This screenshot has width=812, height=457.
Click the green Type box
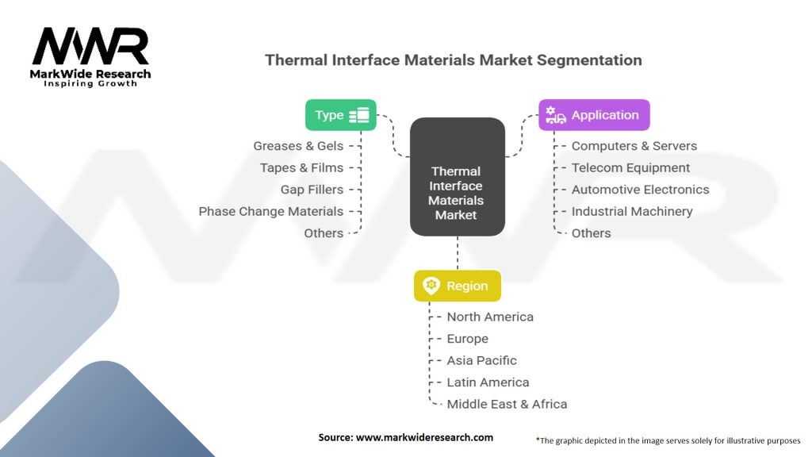coord(341,115)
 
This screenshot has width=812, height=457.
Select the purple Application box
coord(594,115)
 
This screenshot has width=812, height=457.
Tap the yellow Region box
coord(457,286)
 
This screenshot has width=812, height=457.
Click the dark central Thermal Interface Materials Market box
coord(457,177)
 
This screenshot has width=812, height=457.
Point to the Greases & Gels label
coord(298,146)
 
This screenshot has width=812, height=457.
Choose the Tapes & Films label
coord(301,167)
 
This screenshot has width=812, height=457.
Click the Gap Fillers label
coord(312,190)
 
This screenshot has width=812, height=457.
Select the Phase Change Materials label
coord(270,211)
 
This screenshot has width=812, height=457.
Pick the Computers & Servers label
coord(634,146)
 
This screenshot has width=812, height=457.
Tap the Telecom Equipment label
coord(630,167)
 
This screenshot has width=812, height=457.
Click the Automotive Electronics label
coord(640,190)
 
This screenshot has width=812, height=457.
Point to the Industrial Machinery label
coord(631,211)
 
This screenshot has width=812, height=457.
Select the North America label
coord(489,317)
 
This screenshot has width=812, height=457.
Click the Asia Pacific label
coord(481,360)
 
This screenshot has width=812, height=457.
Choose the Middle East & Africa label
coord(507,404)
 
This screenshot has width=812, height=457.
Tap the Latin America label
coord(488,382)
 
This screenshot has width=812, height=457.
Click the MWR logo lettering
coord(90,48)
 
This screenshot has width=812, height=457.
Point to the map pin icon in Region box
coord(431,286)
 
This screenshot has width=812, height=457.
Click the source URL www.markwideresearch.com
coord(424,437)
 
